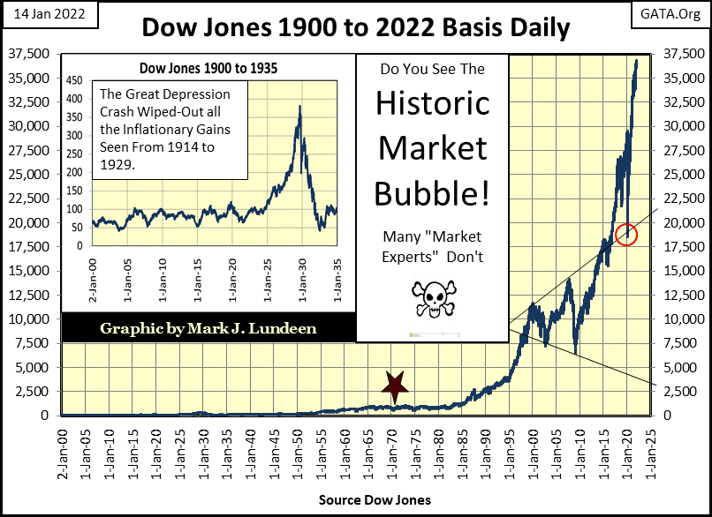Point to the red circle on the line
(x=626, y=234)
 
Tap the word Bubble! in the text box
(x=432, y=192)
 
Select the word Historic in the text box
(x=432, y=103)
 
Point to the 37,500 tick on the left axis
(x=31, y=54)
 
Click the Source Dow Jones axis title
(x=375, y=500)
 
